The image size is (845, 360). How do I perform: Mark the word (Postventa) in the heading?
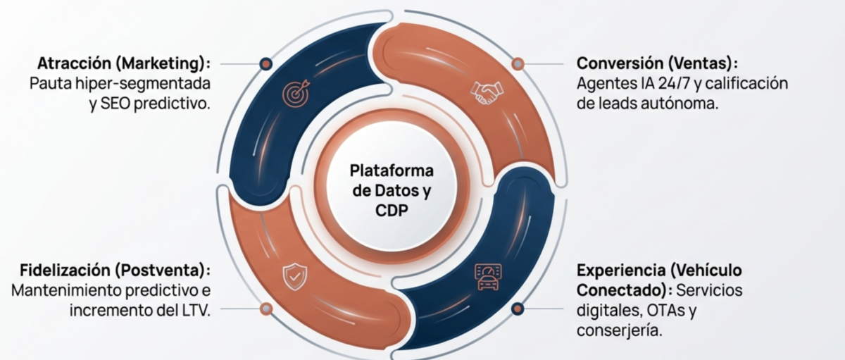click(x=165, y=271)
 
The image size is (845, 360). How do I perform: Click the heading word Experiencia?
click(x=620, y=271)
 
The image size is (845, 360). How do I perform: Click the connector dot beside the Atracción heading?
click(x=265, y=63)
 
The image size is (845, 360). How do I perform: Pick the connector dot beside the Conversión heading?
click(x=518, y=63)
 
